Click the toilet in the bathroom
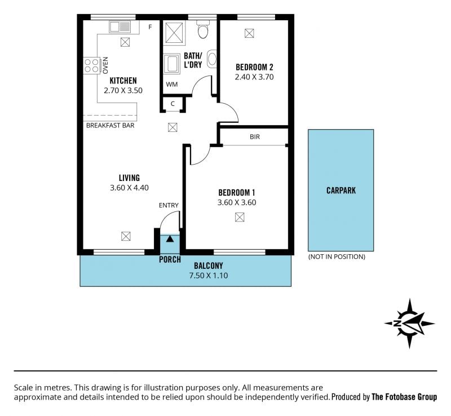point(204,29)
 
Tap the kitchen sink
point(120,26)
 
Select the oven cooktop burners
point(91,65)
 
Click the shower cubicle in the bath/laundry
point(174,33)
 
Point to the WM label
point(172,85)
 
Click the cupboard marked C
point(173,104)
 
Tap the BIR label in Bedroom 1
point(255,136)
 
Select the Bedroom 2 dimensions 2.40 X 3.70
point(254,77)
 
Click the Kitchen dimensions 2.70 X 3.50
point(123,90)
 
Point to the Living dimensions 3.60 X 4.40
point(130,188)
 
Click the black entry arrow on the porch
point(170,238)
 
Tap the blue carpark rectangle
point(341,190)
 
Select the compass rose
point(410,324)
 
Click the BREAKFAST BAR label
point(110,126)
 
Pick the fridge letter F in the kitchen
point(150,27)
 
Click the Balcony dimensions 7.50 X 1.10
point(209,275)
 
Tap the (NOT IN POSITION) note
point(337,256)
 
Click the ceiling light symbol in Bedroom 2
point(249,33)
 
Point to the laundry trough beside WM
point(172,63)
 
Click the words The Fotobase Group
point(404,397)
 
